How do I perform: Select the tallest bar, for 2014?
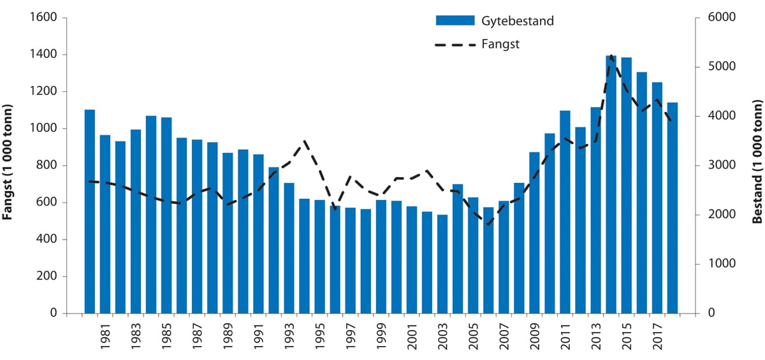[611, 185]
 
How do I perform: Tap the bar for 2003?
[442, 264]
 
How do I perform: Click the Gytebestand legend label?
[518, 20]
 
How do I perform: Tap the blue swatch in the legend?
[455, 20]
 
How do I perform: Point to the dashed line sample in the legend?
[455, 45]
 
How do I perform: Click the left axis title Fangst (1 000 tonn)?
[9, 162]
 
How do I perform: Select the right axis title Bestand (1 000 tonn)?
[757, 162]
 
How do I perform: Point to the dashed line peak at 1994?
[305, 141]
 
